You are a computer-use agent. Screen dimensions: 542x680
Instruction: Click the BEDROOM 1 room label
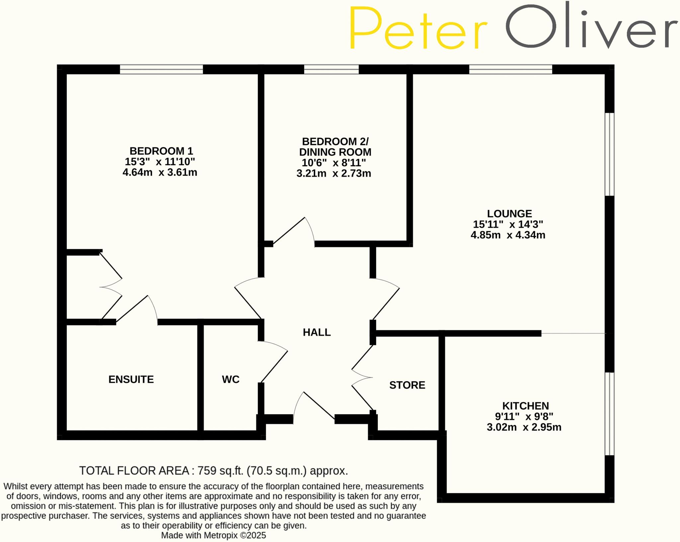click(161, 151)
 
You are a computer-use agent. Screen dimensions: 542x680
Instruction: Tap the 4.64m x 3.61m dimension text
click(160, 173)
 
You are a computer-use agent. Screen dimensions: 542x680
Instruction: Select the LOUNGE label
click(509, 213)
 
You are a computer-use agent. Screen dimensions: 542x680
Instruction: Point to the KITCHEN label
click(525, 406)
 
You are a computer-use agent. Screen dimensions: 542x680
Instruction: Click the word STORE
click(407, 385)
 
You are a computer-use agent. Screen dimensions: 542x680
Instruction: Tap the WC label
click(230, 379)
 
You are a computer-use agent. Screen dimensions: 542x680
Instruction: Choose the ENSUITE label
click(131, 379)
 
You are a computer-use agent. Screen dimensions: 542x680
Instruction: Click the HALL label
click(316, 332)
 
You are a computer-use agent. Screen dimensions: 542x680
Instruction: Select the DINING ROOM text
click(335, 152)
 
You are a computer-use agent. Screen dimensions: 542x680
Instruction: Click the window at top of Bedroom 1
click(161, 69)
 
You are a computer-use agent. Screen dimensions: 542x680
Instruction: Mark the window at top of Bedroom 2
click(331, 69)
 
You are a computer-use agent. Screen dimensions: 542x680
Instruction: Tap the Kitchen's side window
click(609, 414)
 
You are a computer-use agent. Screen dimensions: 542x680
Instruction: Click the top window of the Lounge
click(510, 69)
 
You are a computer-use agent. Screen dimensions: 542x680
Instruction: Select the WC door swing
click(274, 362)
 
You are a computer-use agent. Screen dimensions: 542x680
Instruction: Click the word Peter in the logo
click(418, 28)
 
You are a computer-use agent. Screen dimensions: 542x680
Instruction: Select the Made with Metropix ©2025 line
click(213, 535)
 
